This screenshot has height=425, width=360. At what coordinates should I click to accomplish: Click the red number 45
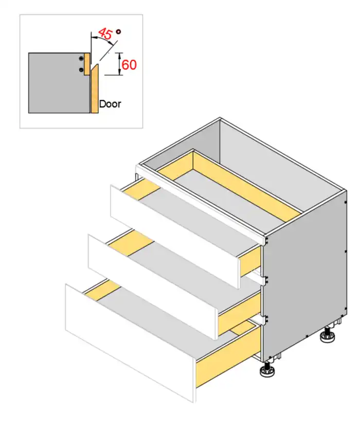(105, 33)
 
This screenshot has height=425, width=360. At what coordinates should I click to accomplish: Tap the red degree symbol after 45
(118, 31)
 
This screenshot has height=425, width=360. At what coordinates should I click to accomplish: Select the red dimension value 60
(129, 65)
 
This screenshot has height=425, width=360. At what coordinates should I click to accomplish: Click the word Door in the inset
(110, 104)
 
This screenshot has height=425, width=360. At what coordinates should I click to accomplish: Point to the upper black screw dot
(81, 59)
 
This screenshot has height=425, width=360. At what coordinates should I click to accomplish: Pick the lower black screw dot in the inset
(81, 70)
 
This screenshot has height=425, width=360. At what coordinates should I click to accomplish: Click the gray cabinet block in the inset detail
(59, 83)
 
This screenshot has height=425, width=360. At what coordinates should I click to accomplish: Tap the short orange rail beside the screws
(87, 64)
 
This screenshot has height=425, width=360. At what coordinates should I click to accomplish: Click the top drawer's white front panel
(175, 236)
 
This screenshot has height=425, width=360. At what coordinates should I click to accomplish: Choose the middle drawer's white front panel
(153, 287)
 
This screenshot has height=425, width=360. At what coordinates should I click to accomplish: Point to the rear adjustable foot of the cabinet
(328, 335)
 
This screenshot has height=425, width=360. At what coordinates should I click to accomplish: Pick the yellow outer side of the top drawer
(250, 261)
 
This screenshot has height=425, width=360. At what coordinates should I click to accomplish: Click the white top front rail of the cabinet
(201, 203)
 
